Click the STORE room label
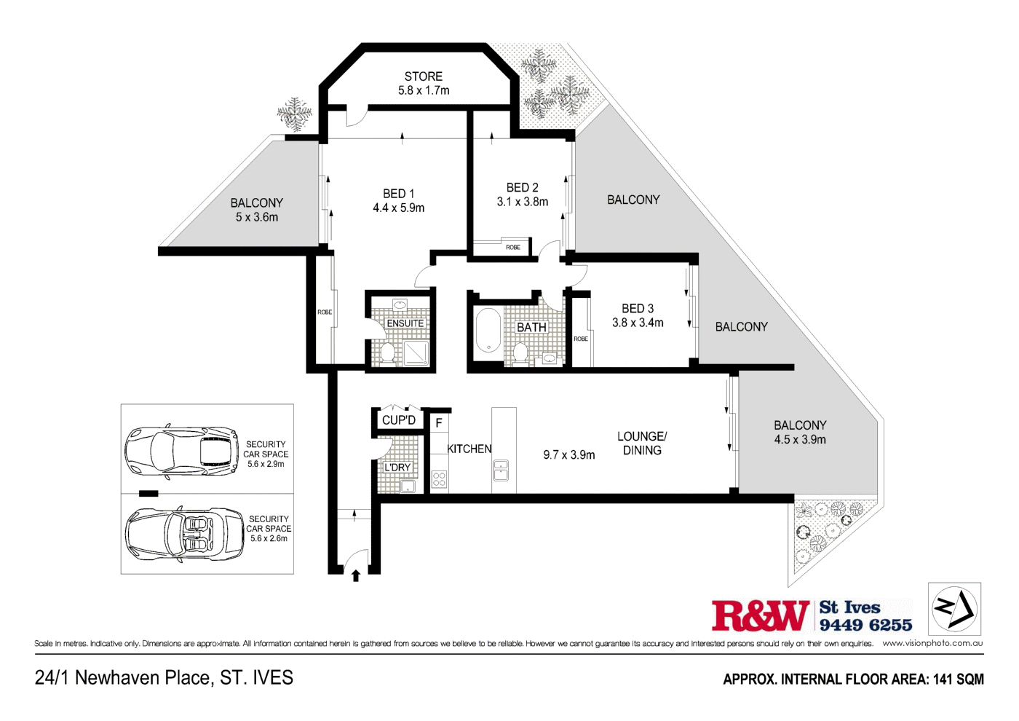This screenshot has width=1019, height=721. pyautogui.click(x=423, y=76)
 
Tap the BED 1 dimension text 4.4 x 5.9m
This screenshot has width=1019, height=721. pyautogui.click(x=398, y=208)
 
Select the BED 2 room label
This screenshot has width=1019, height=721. pyautogui.click(x=522, y=188)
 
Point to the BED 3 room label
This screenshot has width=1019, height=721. pyautogui.click(x=637, y=309)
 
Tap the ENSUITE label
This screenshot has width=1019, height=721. pyautogui.click(x=405, y=323)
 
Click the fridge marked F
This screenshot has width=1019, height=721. pyautogui.click(x=439, y=422)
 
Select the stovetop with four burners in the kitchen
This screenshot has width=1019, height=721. pyautogui.click(x=439, y=478)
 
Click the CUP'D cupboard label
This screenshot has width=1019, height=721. pyautogui.click(x=398, y=420)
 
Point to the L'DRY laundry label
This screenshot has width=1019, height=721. pyautogui.click(x=397, y=468)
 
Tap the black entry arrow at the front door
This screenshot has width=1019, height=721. pyautogui.click(x=356, y=576)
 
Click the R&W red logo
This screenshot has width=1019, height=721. pyautogui.click(x=760, y=616)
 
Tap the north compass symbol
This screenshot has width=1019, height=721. pyautogui.click(x=954, y=608)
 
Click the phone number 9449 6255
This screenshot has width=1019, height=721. pyautogui.click(x=865, y=625)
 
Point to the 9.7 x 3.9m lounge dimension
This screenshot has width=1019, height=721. pyautogui.click(x=568, y=455)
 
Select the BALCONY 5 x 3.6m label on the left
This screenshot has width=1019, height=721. pyautogui.click(x=256, y=210)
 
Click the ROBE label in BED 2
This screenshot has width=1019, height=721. pyautogui.click(x=513, y=248)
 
